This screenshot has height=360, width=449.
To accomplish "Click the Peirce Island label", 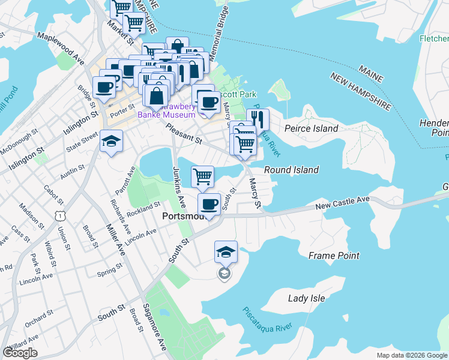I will point(311,128).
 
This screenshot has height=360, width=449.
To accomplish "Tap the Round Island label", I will point(291,170).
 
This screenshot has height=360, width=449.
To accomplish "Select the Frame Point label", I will point(334,256).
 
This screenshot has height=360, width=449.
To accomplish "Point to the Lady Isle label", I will point(306,298).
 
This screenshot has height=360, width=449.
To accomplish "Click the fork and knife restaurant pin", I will point(258,119).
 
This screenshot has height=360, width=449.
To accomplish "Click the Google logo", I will point(20,353).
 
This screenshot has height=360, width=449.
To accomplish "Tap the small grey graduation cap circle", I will point(224,274).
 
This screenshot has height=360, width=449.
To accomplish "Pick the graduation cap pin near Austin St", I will point(110,142).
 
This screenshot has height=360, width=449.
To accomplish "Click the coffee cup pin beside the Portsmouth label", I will point(209,205).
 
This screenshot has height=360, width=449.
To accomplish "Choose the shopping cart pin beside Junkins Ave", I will point(203,176).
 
